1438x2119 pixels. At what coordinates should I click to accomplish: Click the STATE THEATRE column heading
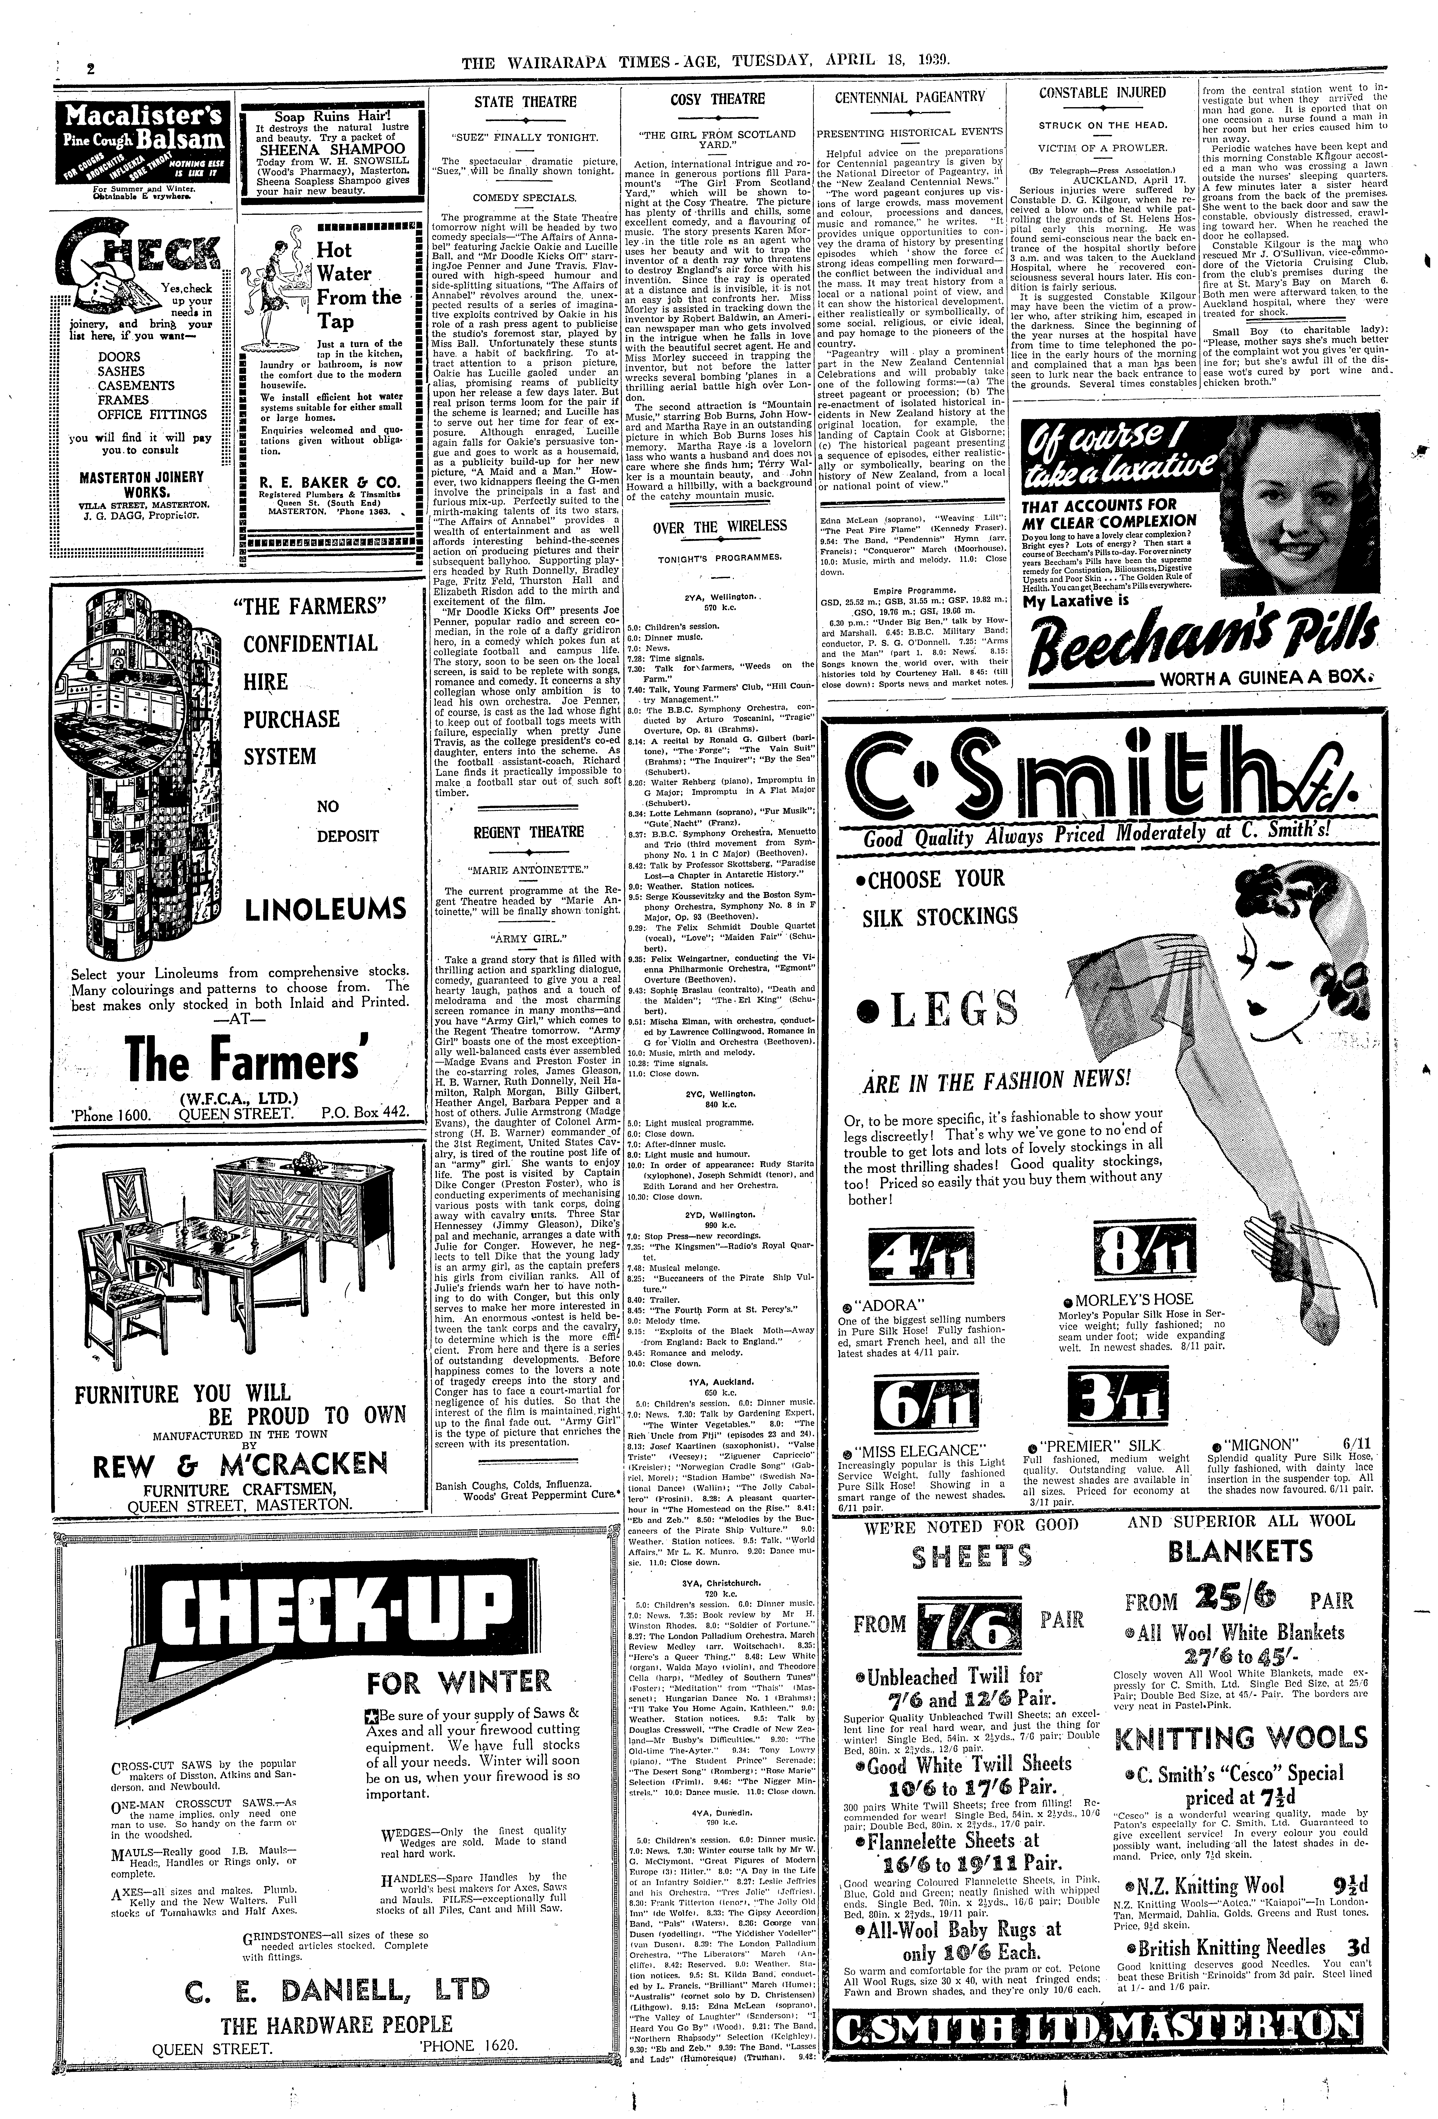tap(525, 102)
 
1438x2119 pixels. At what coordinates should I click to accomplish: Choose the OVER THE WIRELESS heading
tap(720, 526)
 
